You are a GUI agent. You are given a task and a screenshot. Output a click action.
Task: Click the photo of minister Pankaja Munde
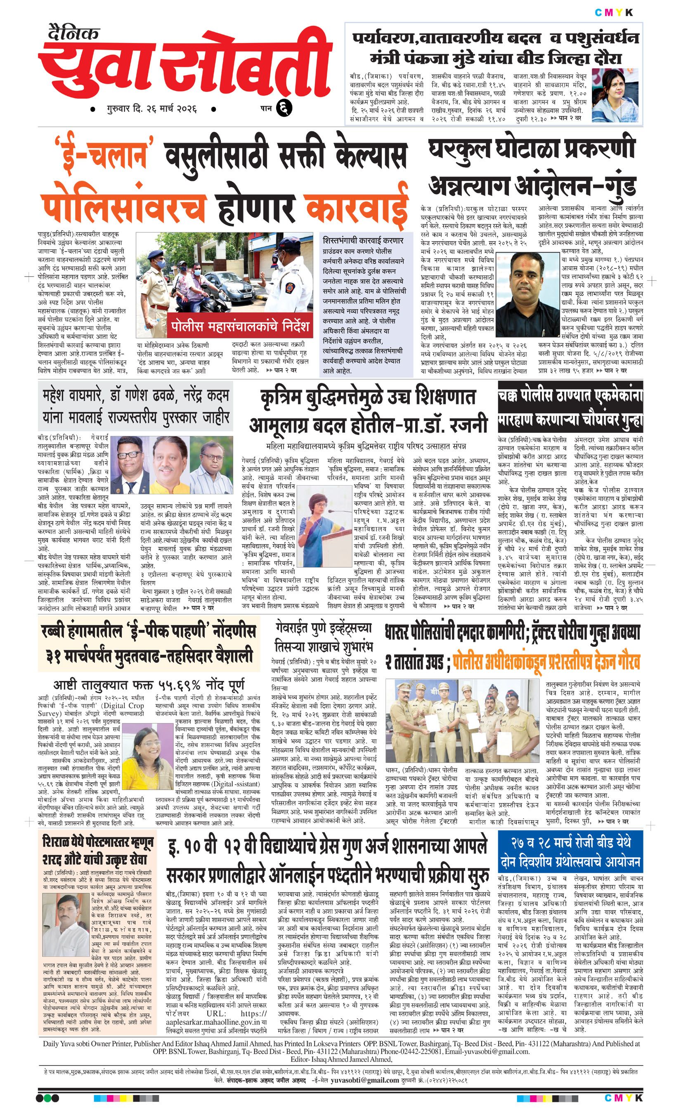tap(616, 96)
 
